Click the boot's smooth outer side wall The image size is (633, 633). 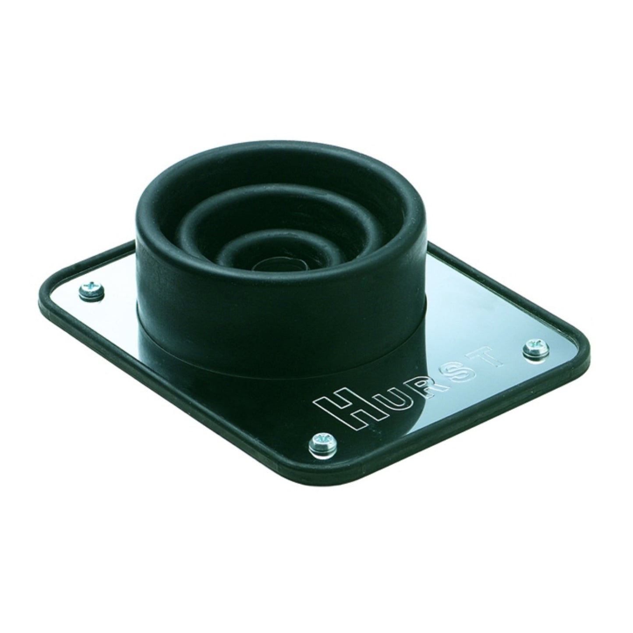[228, 298]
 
